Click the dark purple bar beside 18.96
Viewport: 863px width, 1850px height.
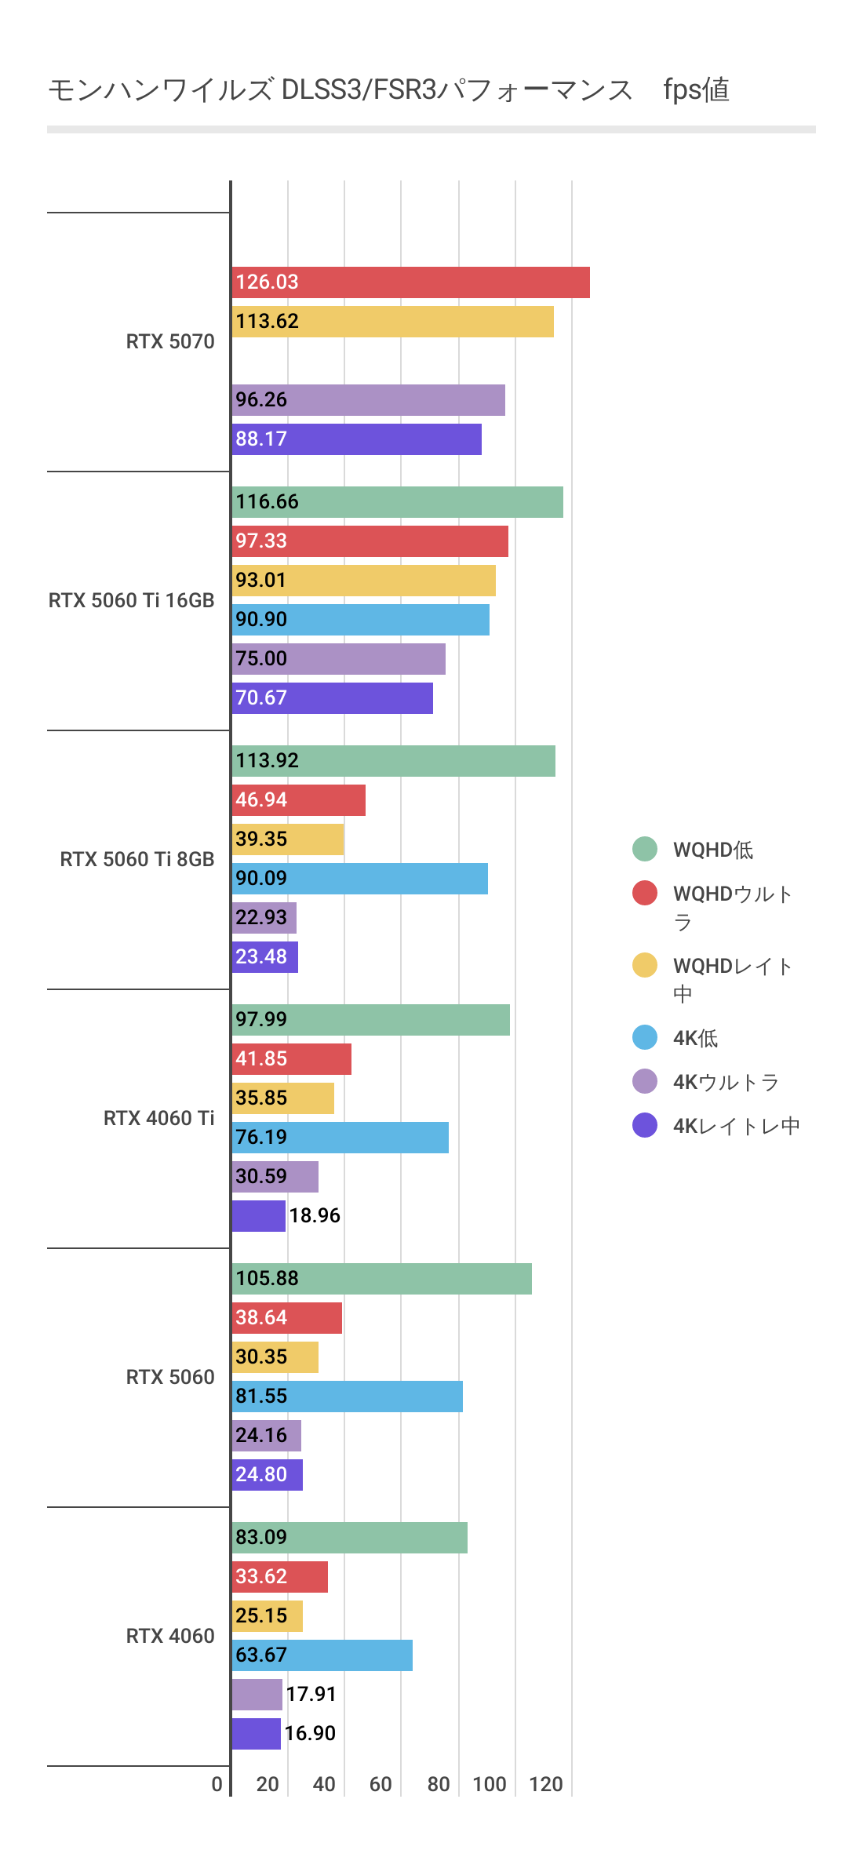[258, 1216]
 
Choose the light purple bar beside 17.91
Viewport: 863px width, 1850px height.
[257, 1695]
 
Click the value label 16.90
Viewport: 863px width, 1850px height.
[310, 1734]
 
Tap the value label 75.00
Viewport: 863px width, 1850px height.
[261, 659]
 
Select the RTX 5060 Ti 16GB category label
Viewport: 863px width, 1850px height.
[131, 601]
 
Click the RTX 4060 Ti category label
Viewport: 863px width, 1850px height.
[158, 1119]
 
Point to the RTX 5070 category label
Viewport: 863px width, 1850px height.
[169, 342]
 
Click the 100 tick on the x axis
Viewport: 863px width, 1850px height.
[489, 1785]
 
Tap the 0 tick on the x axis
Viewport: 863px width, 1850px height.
[217, 1785]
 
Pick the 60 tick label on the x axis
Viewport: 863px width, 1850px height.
[381, 1785]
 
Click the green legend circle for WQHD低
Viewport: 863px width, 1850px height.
[645, 849]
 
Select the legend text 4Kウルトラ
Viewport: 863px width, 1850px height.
[726, 1083]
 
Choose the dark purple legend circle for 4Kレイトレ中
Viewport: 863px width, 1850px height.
[645, 1125]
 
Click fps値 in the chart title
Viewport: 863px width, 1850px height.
[696, 90]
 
